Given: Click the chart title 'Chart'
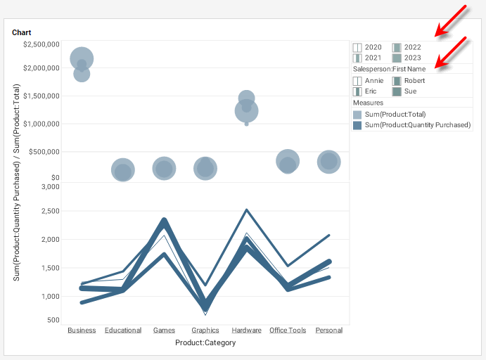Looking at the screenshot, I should (x=22, y=32).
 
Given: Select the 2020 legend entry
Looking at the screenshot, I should (x=373, y=47).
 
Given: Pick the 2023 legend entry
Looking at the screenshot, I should (x=412, y=58).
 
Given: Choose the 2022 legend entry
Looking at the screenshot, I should (x=412, y=47).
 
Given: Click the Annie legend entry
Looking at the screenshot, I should (x=373, y=81).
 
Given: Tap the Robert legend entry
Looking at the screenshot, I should (x=414, y=81).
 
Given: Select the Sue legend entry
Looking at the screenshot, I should (x=410, y=91).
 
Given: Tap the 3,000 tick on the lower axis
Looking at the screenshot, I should (x=49, y=187).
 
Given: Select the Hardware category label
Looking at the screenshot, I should (x=246, y=330).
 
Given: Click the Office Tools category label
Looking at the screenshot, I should (x=288, y=330).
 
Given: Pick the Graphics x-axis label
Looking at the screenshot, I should (x=205, y=330).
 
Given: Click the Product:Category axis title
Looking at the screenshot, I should (x=205, y=342).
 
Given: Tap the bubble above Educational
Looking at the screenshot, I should (x=123, y=169).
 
